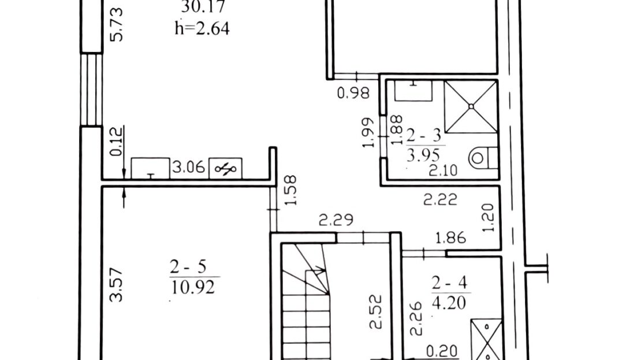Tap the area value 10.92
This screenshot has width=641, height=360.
tap(192, 287)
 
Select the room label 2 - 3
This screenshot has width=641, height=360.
tap(424, 136)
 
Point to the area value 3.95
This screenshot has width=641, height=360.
tap(423, 155)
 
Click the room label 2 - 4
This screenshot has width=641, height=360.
tap(449, 283)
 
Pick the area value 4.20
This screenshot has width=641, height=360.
tap(449, 303)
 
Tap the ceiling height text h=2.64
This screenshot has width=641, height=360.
tap(202, 28)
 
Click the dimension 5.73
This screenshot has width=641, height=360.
tap(117, 24)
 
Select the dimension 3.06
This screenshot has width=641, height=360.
tap(188, 167)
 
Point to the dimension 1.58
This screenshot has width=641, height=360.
tap(290, 190)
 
